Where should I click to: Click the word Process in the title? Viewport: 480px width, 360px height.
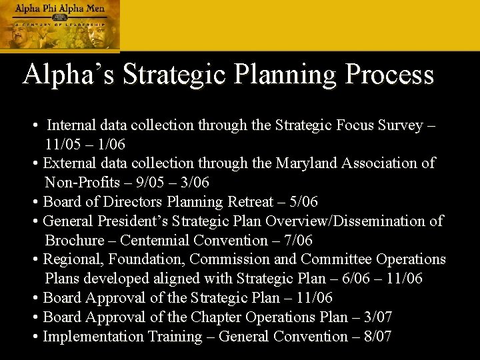tap(387, 75)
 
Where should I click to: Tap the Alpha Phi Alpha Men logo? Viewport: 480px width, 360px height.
tap(60, 25)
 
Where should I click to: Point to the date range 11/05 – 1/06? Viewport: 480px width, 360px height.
tap(85, 144)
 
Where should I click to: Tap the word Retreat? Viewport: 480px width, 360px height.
tap(251, 201)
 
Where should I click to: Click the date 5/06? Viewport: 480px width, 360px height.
tap(300, 201)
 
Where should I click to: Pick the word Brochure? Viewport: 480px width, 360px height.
tap(75, 240)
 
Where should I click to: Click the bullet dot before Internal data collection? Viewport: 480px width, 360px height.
tap(34, 125)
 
